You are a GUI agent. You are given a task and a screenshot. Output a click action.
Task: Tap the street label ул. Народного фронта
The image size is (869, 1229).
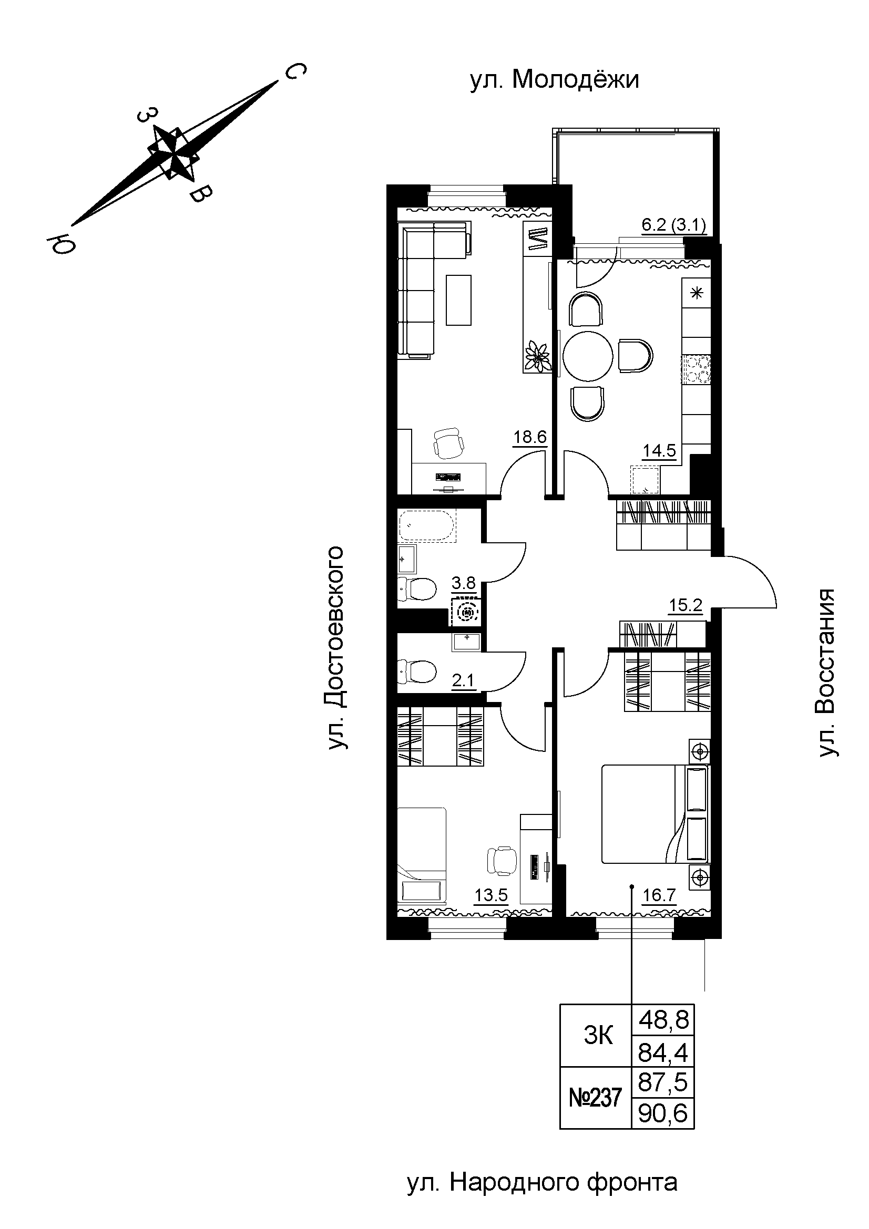(x=543, y=1183)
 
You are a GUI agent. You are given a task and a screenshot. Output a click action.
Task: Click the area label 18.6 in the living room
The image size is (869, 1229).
(x=530, y=437)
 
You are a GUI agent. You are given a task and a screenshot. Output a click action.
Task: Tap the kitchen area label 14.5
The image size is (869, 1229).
(x=659, y=451)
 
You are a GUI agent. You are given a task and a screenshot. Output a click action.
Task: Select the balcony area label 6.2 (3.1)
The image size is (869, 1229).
(x=673, y=225)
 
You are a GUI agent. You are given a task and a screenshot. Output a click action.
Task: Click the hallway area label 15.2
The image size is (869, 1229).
(x=686, y=605)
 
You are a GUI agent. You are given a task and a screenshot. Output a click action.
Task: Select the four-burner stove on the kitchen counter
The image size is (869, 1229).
(x=697, y=370)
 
